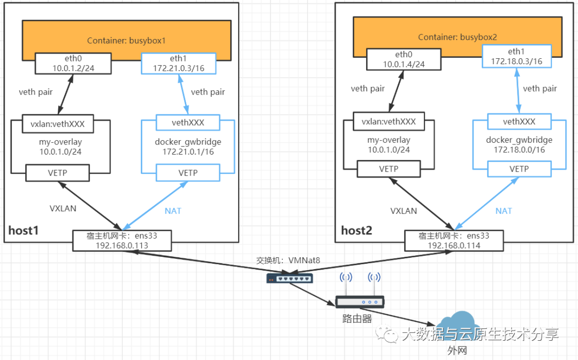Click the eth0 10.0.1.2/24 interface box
coord(73,63)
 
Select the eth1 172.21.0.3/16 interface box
coord(178,63)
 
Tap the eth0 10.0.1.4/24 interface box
coord(404,59)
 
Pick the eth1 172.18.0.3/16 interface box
coord(517,56)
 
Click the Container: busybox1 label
coord(126,41)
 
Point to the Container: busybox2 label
coord(458,37)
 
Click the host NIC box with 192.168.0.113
coord(122,241)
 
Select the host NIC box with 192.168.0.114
coord(454,241)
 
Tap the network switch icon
coord(290,279)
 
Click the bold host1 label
coord(23,231)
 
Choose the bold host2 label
coord(356,231)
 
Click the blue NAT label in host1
coord(173,211)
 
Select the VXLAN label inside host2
coord(404,211)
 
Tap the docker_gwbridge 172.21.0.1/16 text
coord(188,147)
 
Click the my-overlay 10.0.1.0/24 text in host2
coord(389,145)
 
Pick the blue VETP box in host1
coord(188,173)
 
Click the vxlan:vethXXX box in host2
coord(389,121)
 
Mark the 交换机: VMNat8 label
coord(288,261)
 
